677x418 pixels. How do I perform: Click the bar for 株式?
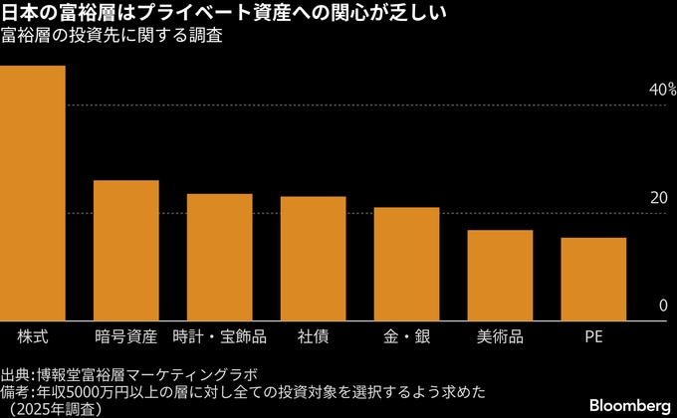pos(32,194)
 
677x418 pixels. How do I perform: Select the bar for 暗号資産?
pos(125,251)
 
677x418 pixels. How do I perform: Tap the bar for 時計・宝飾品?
pos(219,258)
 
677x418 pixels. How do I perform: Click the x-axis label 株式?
pos(32,335)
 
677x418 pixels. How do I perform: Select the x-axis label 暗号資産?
pos(125,335)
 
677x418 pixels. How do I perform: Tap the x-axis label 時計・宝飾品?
pos(219,335)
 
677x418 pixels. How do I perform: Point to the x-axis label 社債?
pos(313,335)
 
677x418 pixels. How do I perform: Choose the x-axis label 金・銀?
pos(406,335)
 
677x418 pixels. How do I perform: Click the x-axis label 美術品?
pos(500,335)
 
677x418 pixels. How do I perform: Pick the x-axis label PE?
pos(593,335)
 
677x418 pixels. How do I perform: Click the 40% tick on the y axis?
pos(662,91)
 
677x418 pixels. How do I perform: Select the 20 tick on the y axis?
pos(658,198)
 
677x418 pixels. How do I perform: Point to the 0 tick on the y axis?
pos(662,307)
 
